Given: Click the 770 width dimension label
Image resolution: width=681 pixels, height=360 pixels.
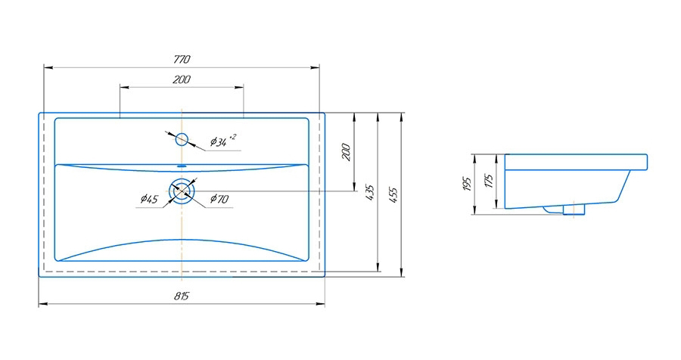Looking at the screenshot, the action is point(182,59).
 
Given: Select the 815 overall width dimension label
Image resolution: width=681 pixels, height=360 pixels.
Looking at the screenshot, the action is point(182,296).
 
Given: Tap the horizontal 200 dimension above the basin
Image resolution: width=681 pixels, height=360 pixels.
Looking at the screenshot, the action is point(182,79).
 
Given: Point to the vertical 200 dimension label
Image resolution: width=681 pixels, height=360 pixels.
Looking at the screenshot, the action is point(346,152).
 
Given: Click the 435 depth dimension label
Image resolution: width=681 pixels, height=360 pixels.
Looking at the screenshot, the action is point(370,192).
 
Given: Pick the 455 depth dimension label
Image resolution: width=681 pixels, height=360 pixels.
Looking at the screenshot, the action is point(393,195).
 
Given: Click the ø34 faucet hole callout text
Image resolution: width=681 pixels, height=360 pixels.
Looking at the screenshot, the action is point(223,140).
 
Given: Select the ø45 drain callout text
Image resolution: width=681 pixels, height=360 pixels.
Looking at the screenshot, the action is point(149,200).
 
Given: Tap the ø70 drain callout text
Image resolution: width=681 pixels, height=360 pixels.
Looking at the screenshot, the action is point(219,199).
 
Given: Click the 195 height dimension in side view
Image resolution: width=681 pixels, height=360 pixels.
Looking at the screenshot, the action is point(467,184).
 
